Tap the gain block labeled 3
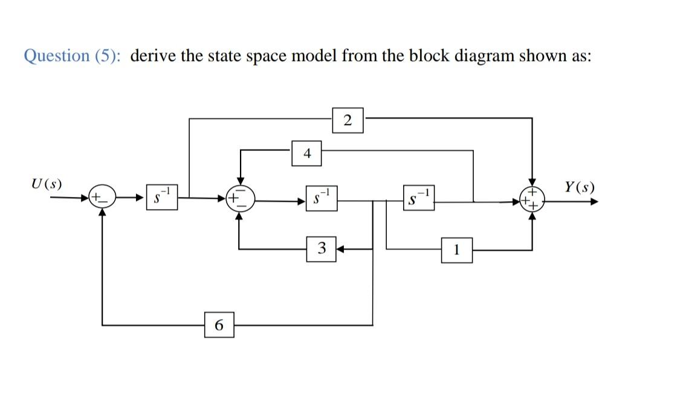coord(321,248)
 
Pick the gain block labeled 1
coord(457,249)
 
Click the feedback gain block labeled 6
coord(219,324)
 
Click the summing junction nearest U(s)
coord(101,198)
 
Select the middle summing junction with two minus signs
coord(240,197)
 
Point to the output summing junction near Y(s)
coord(532,198)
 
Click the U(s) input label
coord(46,184)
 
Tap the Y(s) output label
coord(579,186)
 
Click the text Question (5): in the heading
coord(72,56)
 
